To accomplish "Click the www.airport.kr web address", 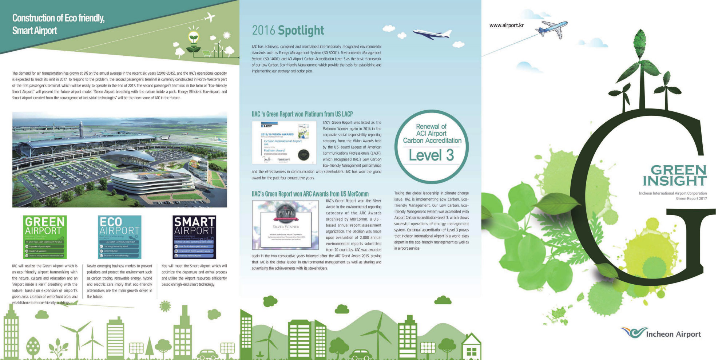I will tap(506, 25).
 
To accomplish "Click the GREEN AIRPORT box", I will tap(45, 237).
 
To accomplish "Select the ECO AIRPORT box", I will tap(119, 237).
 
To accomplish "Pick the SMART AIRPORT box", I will tap(194, 237).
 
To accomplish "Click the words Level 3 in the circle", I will tap(431, 155).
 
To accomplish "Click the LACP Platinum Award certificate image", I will tap(284, 142).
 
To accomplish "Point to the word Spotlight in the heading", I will tap(301, 31).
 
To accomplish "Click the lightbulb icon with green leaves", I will tap(194, 39).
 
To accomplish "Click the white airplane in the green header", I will tap(210, 17).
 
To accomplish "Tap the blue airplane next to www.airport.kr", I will tap(552, 28).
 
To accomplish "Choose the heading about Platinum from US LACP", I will tap(302, 114).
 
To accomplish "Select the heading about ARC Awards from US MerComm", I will tap(310, 194).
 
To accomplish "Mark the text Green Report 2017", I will tap(691, 199).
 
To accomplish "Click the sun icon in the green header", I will tap(227, 35).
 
